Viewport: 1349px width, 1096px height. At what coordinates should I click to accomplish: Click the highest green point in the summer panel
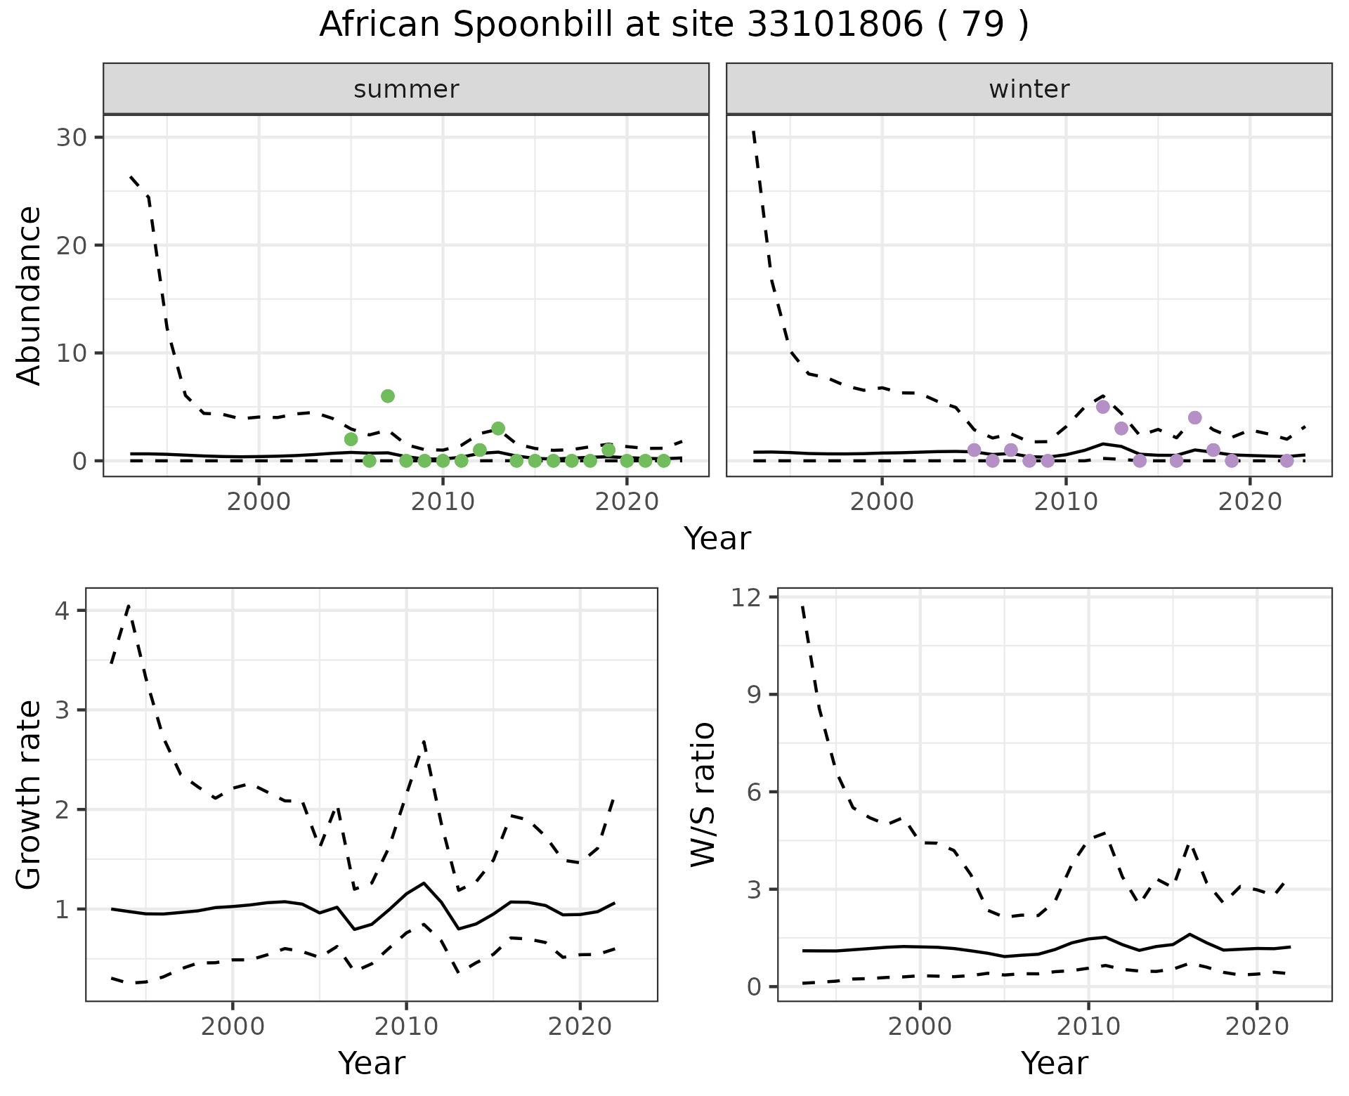click(388, 396)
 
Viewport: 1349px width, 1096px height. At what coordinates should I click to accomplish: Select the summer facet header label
click(406, 89)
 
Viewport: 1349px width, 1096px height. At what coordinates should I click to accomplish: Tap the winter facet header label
click(1029, 89)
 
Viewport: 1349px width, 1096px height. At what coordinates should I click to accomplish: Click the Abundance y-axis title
click(30, 295)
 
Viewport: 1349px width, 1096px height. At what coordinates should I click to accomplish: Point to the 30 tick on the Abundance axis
click(70, 137)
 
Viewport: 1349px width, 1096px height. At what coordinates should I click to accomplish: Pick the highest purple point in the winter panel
click(1102, 407)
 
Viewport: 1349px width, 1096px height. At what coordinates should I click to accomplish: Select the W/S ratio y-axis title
click(703, 794)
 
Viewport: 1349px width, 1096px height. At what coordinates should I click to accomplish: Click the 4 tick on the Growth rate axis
click(62, 611)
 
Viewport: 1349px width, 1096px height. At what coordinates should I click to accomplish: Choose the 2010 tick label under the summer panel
click(443, 502)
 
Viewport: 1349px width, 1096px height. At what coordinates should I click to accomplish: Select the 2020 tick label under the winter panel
click(1250, 502)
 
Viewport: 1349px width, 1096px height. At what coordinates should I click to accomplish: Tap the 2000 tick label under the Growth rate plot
click(233, 1026)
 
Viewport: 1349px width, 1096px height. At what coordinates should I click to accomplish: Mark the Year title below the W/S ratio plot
click(1054, 1064)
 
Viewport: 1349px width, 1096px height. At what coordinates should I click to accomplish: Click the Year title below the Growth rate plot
click(372, 1064)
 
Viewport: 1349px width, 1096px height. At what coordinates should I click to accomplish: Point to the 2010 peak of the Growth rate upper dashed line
click(424, 741)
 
